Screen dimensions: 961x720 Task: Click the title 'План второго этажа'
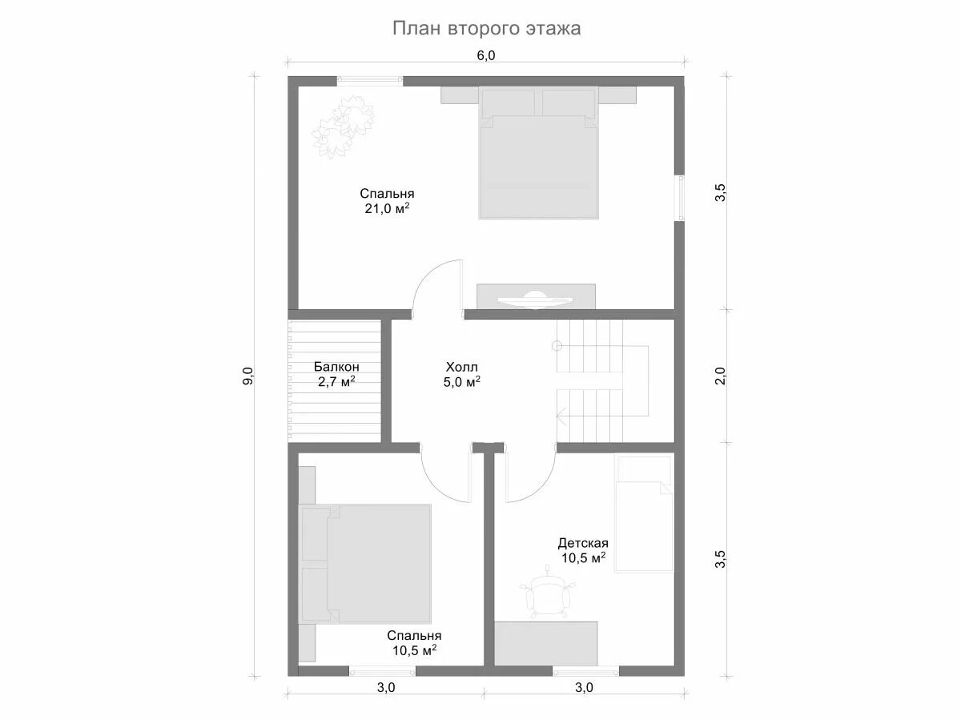[x=486, y=29]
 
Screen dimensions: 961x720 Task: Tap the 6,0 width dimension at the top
[x=486, y=55]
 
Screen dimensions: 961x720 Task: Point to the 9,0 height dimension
[x=248, y=376]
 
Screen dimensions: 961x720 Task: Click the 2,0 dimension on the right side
[x=720, y=376]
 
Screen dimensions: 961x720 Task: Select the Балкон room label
[x=336, y=366]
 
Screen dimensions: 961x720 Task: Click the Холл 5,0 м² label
[x=462, y=374]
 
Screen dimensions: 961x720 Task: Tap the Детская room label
[x=583, y=543]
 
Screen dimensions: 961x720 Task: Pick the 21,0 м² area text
[x=387, y=208]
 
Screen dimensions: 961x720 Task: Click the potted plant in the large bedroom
[x=343, y=127]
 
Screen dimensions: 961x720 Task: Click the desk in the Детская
[x=546, y=649]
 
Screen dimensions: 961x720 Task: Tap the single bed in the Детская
[x=644, y=514]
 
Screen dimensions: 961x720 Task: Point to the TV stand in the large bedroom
[x=536, y=296]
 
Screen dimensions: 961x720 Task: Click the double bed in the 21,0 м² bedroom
[x=538, y=152]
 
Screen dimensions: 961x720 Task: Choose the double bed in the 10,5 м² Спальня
[x=364, y=564]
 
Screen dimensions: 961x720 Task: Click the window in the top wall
[x=370, y=80]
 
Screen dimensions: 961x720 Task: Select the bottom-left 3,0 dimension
[x=386, y=700]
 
